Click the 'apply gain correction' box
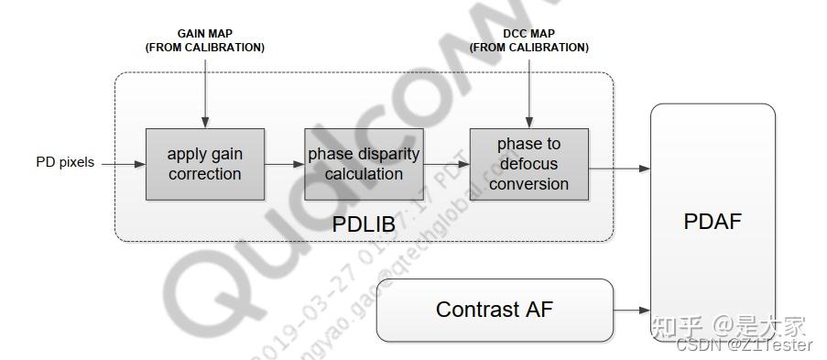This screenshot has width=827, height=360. pyautogui.click(x=205, y=164)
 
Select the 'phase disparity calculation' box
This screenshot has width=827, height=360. pyautogui.click(x=364, y=164)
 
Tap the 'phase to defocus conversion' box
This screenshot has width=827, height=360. pyautogui.click(x=528, y=164)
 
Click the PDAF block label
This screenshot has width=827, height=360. pyautogui.click(x=713, y=222)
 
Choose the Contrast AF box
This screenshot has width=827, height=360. pyautogui.click(x=495, y=310)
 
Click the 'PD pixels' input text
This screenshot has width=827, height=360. pyautogui.click(x=65, y=163)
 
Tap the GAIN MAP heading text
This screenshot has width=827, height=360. pyautogui.click(x=205, y=34)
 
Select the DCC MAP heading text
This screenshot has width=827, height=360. pyautogui.click(x=528, y=34)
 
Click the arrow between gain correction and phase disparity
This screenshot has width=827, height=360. pyautogui.click(x=285, y=164)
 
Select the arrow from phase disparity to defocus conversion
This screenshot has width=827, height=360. pyautogui.click(x=447, y=164)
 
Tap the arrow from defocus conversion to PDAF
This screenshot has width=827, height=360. pyautogui.click(x=619, y=168)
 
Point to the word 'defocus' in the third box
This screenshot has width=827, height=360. pyautogui.click(x=528, y=164)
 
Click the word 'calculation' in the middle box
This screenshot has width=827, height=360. pyautogui.click(x=364, y=174)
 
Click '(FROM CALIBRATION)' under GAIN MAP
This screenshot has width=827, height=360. pyautogui.click(x=205, y=48)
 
